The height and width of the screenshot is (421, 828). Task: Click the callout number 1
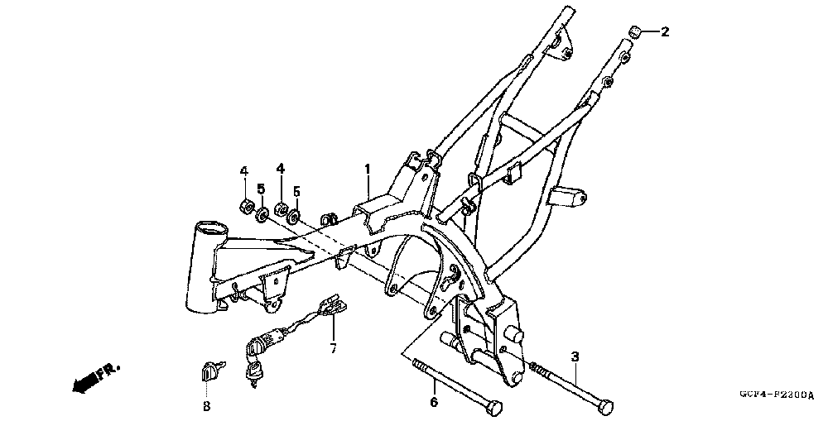pos(368,169)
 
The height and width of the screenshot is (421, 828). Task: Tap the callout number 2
pos(664,32)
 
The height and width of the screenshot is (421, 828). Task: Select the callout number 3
pos(574,356)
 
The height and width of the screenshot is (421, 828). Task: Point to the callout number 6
pos(432,403)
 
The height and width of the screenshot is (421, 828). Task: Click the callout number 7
pos(333,348)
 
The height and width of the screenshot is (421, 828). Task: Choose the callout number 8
pos(206,406)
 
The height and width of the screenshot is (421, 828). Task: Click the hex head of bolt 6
pos(494,408)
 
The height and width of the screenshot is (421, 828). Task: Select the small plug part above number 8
pos(209,372)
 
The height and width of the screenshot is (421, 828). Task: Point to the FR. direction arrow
pos(94,376)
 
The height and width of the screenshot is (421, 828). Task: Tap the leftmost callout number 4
pos(244,171)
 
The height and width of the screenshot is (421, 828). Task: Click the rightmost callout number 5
pos(296,189)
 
